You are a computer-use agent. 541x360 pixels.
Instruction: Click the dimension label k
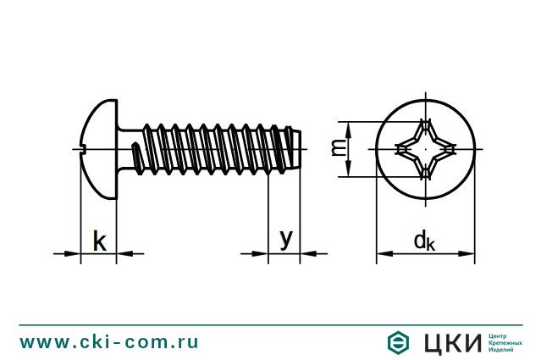[x=99, y=241]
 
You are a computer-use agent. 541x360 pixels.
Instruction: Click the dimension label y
[x=286, y=240]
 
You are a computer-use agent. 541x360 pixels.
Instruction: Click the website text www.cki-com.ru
[x=110, y=342]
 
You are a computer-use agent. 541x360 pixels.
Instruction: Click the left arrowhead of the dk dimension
[x=384, y=252]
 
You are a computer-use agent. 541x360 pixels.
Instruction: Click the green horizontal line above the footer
[x=271, y=324]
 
